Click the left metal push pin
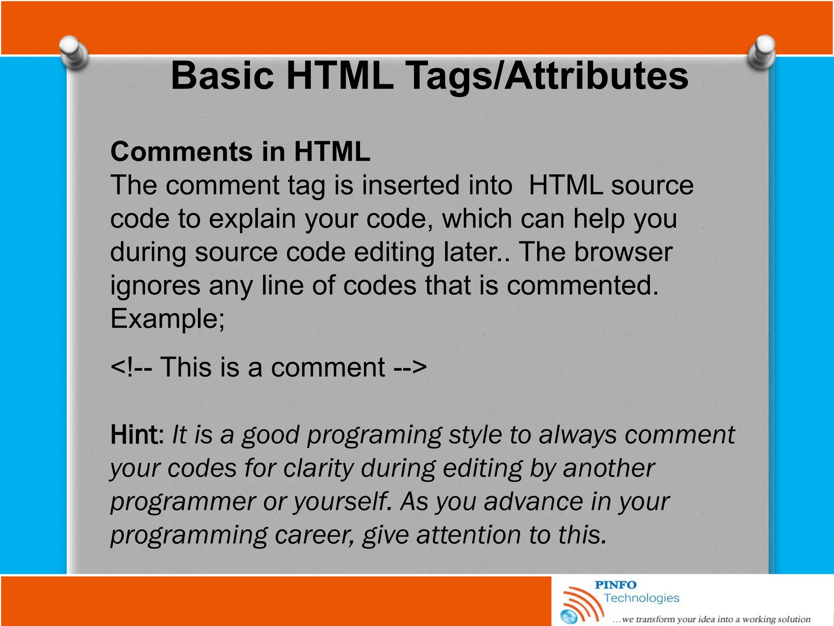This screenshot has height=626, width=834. coord(73,52)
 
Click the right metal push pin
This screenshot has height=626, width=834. coord(762,52)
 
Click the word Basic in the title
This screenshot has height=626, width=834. coord(222,76)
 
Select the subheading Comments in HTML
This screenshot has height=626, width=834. coord(240,152)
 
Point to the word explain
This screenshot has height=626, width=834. coord(252,219)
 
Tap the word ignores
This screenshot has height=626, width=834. coord(155,285)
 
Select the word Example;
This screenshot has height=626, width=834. coord(167,319)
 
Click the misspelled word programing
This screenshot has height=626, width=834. coord(374,435)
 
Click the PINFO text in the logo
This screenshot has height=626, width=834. coord(615,585)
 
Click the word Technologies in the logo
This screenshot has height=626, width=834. coord(641,598)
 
